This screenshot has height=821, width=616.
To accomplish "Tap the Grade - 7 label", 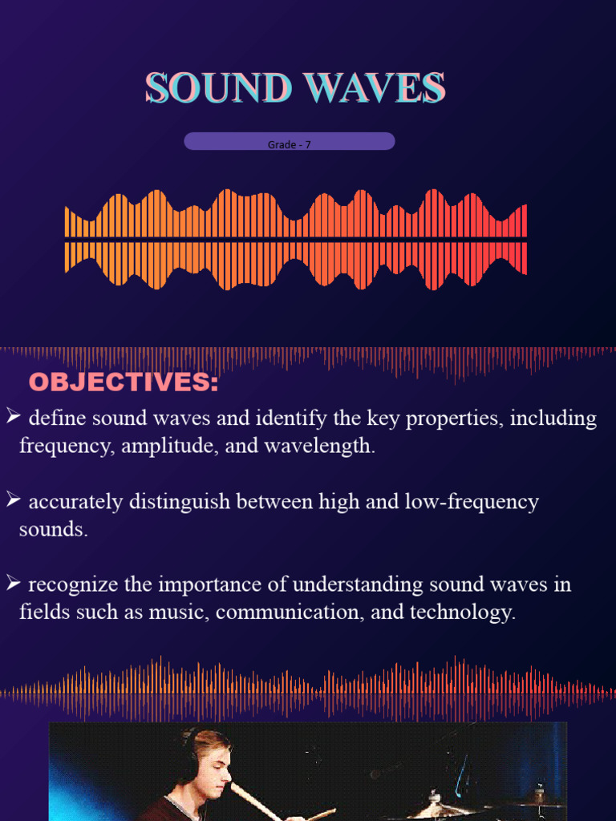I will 290,145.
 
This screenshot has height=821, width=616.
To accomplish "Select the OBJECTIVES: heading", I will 124,383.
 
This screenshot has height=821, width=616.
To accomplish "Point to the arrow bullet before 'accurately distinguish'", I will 12,500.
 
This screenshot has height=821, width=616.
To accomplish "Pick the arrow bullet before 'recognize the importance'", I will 12,583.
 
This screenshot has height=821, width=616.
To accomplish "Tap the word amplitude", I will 168,447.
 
